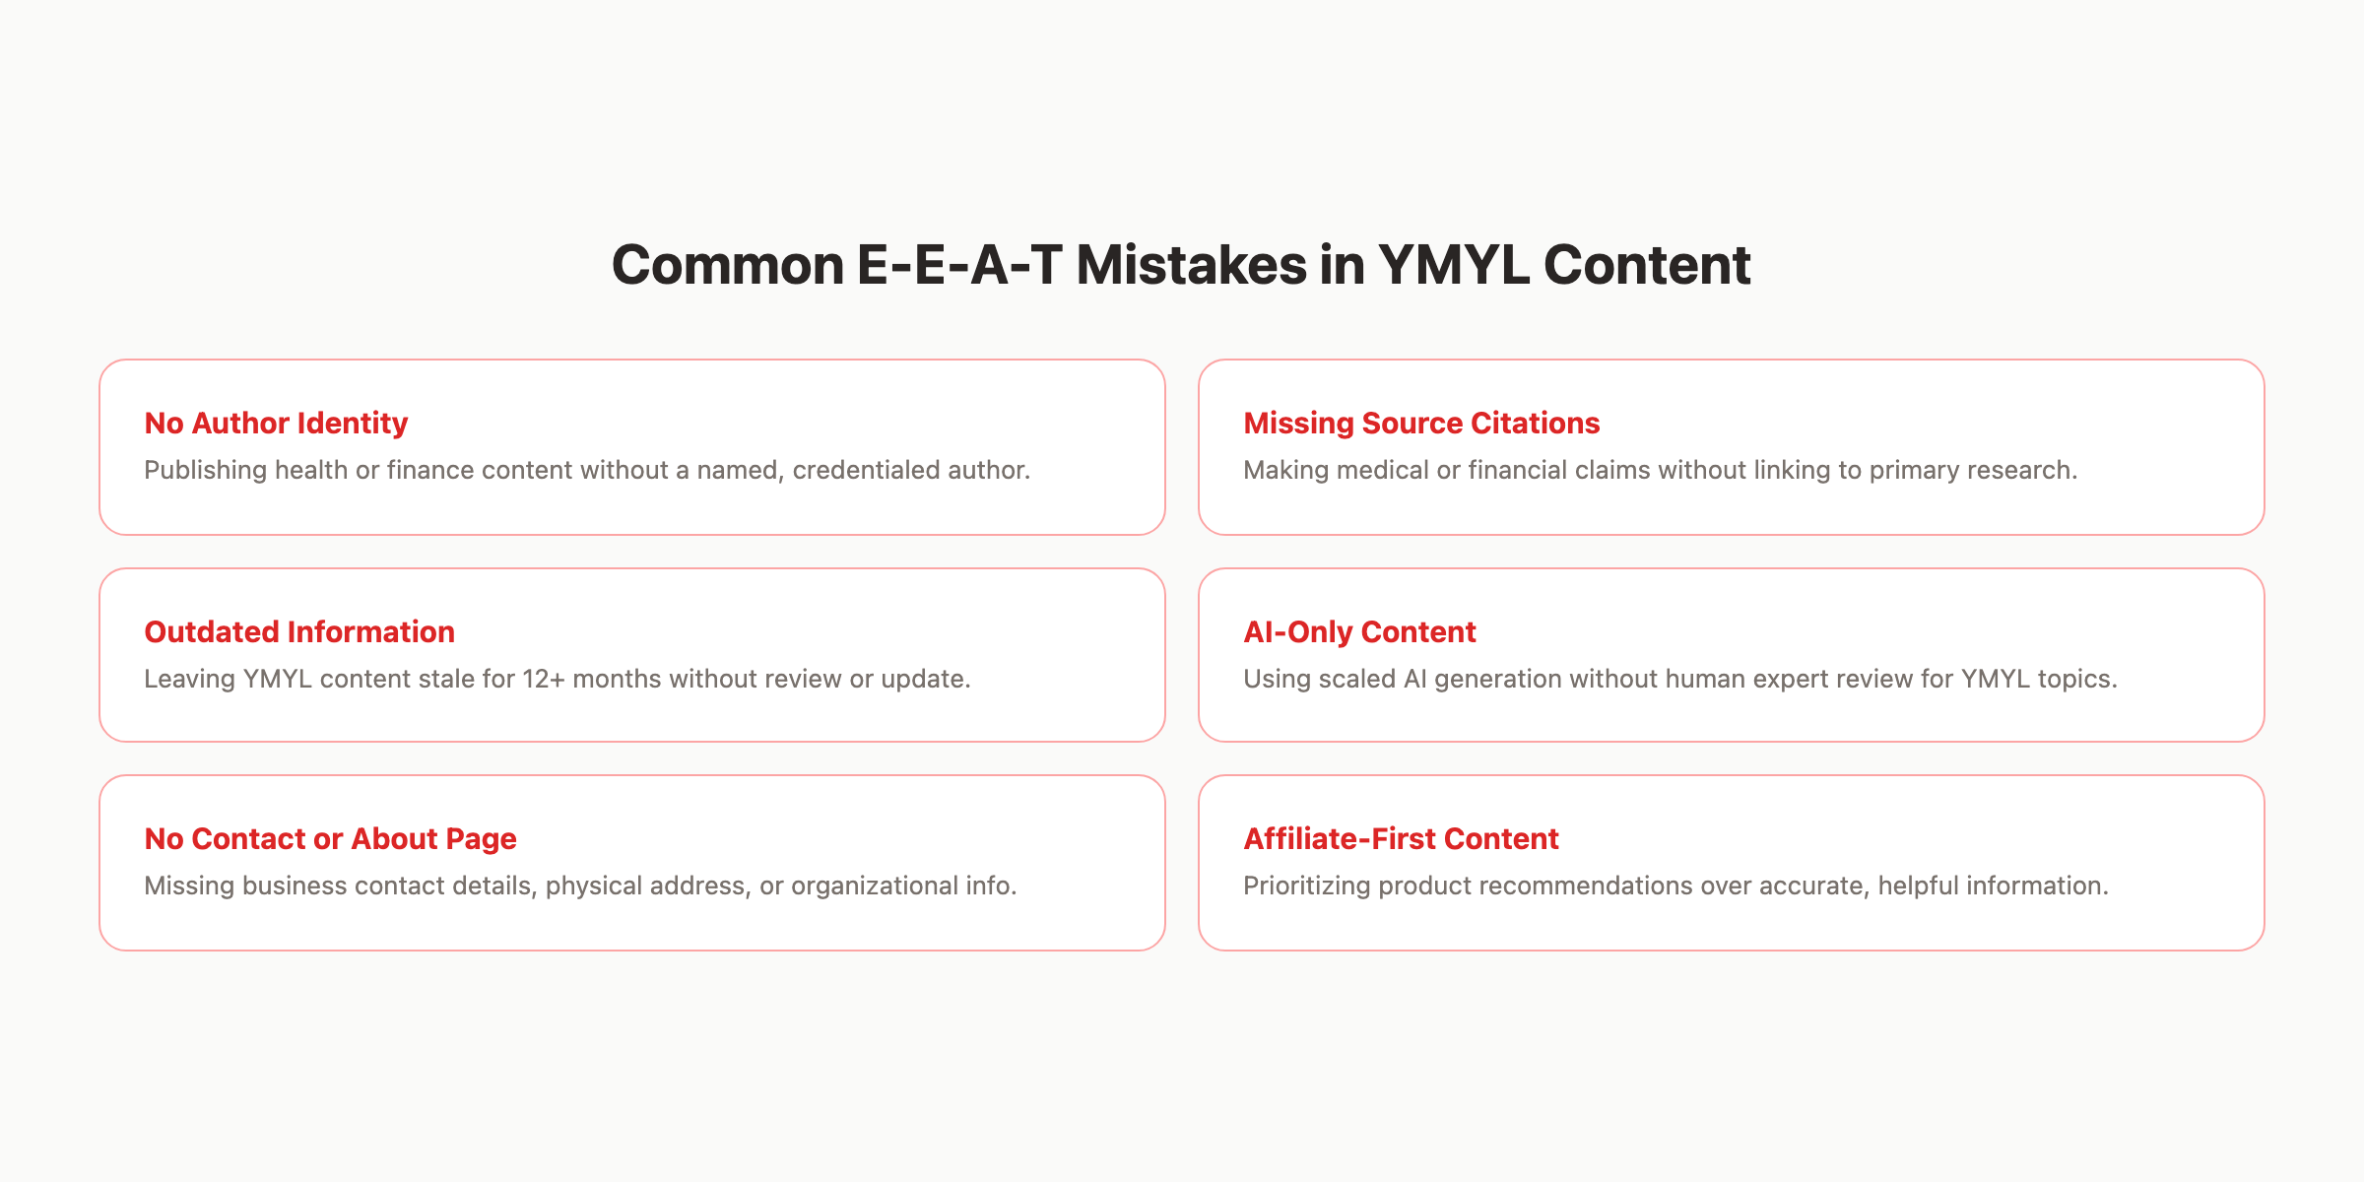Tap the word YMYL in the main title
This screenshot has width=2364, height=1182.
(1454, 266)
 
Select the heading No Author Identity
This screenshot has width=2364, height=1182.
(276, 423)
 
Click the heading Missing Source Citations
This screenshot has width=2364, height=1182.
(1421, 423)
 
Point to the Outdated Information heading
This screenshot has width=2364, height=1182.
(299, 631)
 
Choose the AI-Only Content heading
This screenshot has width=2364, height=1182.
(1359, 631)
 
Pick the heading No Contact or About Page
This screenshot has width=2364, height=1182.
(330, 838)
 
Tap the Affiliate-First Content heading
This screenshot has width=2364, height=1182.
(1401, 838)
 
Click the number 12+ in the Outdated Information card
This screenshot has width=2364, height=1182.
(544, 679)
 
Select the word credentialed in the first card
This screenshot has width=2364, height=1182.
(852, 470)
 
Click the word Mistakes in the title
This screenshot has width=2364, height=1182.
(1190, 266)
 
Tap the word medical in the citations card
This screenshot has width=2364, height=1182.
(1385, 470)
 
